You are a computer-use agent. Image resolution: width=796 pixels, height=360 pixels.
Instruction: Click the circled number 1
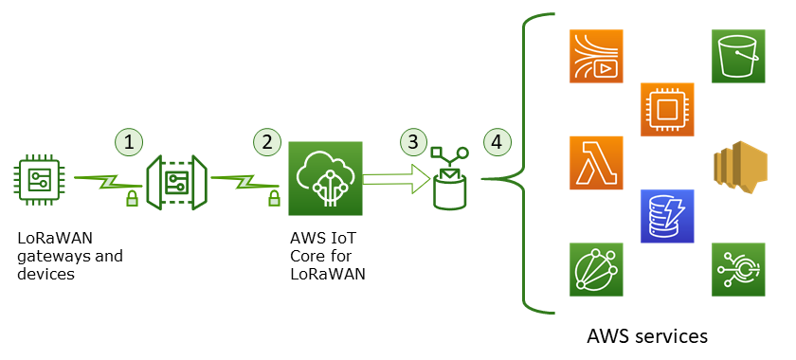tap(130, 141)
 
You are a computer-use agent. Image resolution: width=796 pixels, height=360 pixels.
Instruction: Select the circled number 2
tap(267, 141)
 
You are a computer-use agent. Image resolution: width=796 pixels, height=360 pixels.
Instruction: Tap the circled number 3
tap(412, 141)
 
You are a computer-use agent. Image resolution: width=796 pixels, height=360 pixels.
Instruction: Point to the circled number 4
tap(497, 141)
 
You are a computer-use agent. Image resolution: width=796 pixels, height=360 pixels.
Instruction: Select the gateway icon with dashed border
tap(174, 180)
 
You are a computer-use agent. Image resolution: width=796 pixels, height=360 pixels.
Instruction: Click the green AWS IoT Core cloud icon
tap(325, 179)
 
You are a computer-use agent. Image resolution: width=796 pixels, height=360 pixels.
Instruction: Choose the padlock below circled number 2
tap(274, 198)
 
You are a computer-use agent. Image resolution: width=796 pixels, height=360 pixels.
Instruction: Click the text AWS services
tap(647, 336)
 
